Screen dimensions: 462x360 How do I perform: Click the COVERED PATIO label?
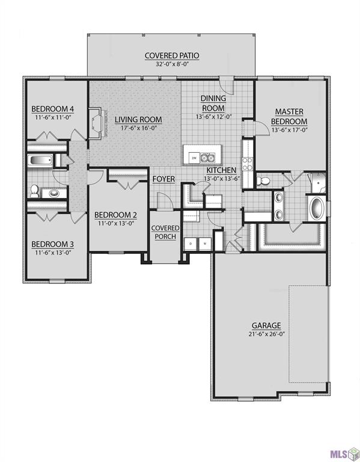click(x=171, y=56)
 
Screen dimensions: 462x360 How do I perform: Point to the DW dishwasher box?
click(x=194, y=158)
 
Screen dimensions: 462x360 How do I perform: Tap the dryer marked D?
click(x=191, y=244)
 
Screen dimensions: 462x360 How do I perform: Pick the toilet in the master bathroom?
click(x=262, y=180)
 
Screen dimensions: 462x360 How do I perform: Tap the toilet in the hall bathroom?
click(x=34, y=192)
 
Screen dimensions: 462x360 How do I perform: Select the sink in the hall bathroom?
click(x=55, y=193)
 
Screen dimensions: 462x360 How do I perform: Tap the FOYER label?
click(x=163, y=179)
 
